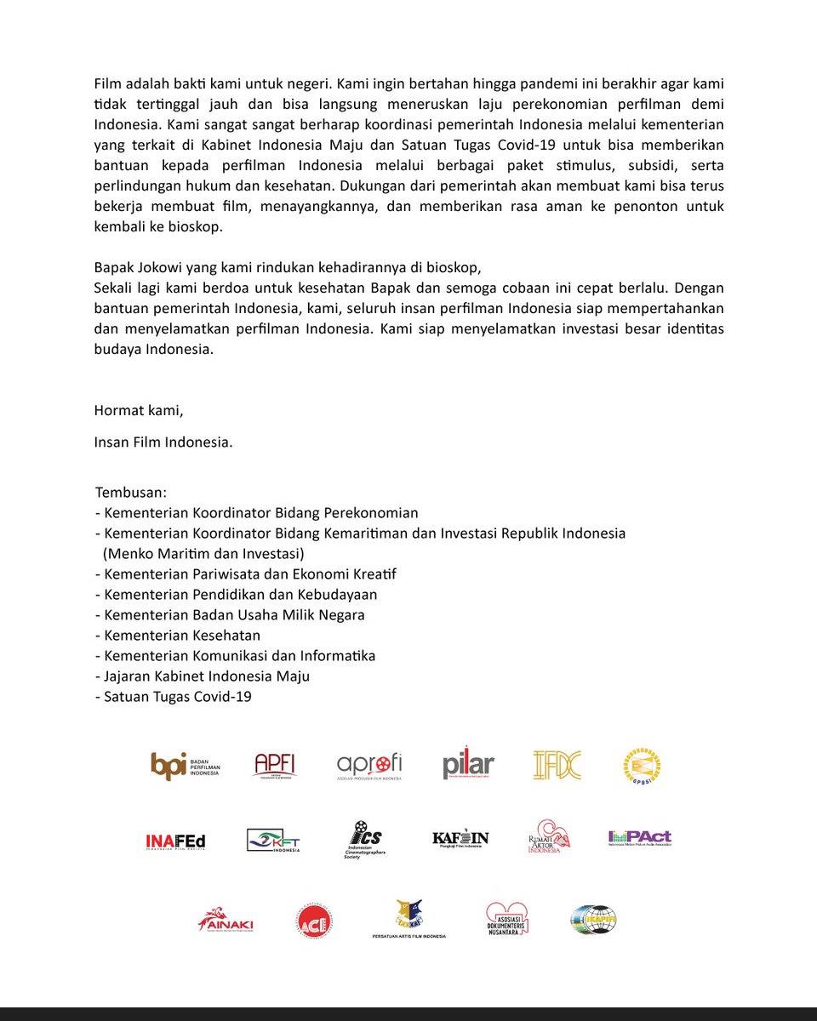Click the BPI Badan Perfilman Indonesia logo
coord(185,766)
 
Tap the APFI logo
coord(276,766)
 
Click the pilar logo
coord(468,766)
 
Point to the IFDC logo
coord(557,766)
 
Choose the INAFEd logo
coord(175,841)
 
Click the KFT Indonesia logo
coord(273,841)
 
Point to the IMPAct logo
coord(639,838)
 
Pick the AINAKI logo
coord(226,920)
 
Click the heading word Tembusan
coord(130,493)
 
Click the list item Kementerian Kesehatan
coord(181,636)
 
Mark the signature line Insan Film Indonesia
coord(163,442)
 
